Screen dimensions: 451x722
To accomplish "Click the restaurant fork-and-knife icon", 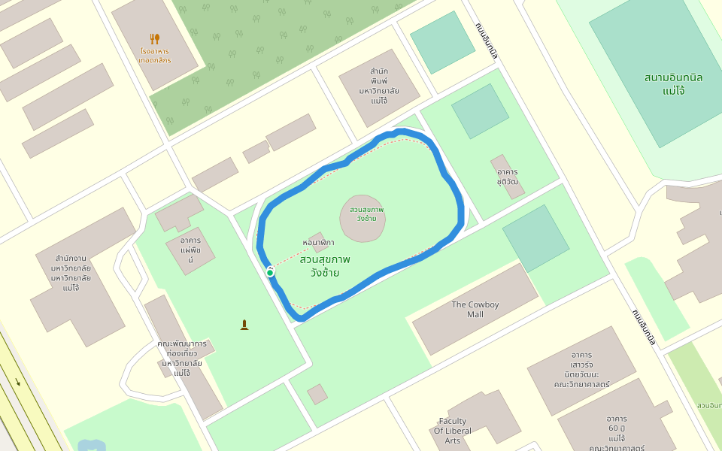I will point(155,38).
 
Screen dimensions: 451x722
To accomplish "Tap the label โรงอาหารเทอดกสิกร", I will point(155,56).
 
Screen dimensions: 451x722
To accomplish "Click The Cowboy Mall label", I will point(475,309).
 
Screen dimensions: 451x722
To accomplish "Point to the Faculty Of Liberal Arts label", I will point(453,431).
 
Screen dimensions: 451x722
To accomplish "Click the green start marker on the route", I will point(269,271).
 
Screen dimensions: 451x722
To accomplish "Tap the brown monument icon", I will point(244,325).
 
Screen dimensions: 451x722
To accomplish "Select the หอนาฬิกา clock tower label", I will point(318,243).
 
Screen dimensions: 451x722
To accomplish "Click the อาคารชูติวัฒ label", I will point(508,177).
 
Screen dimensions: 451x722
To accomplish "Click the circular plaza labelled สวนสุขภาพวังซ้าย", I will point(363,218).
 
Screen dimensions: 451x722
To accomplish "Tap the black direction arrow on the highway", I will point(17,382).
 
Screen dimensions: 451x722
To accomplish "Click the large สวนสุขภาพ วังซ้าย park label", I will point(325,265).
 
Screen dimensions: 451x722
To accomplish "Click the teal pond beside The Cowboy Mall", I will point(536,238).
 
